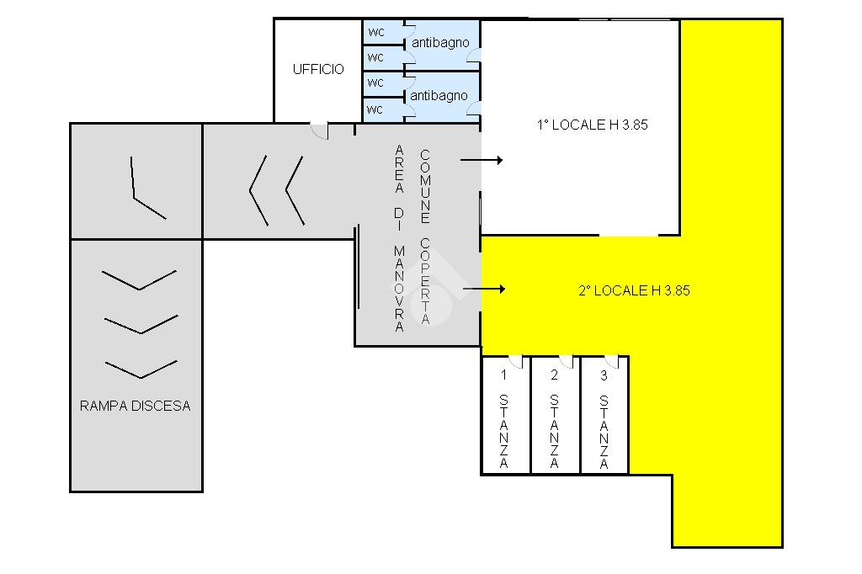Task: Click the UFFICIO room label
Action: click(318, 69)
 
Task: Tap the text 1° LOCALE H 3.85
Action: click(592, 125)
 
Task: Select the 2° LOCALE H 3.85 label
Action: click(634, 291)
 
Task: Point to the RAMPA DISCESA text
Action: click(136, 406)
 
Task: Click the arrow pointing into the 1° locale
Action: click(482, 160)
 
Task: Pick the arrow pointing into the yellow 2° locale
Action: click(484, 289)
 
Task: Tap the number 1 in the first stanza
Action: click(503, 375)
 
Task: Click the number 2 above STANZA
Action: click(554, 375)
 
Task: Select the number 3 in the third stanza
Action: click(604, 375)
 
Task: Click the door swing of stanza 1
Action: click(516, 362)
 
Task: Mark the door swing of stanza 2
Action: click(567, 362)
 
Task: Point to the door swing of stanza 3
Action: click(611, 362)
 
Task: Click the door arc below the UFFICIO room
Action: click(319, 130)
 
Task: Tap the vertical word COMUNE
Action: click(425, 186)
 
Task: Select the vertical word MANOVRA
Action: click(399, 289)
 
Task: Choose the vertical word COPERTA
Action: click(425, 281)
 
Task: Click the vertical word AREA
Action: click(399, 169)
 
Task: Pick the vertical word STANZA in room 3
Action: click(604, 432)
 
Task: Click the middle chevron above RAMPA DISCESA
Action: click(141, 325)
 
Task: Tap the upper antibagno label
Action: click(440, 42)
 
